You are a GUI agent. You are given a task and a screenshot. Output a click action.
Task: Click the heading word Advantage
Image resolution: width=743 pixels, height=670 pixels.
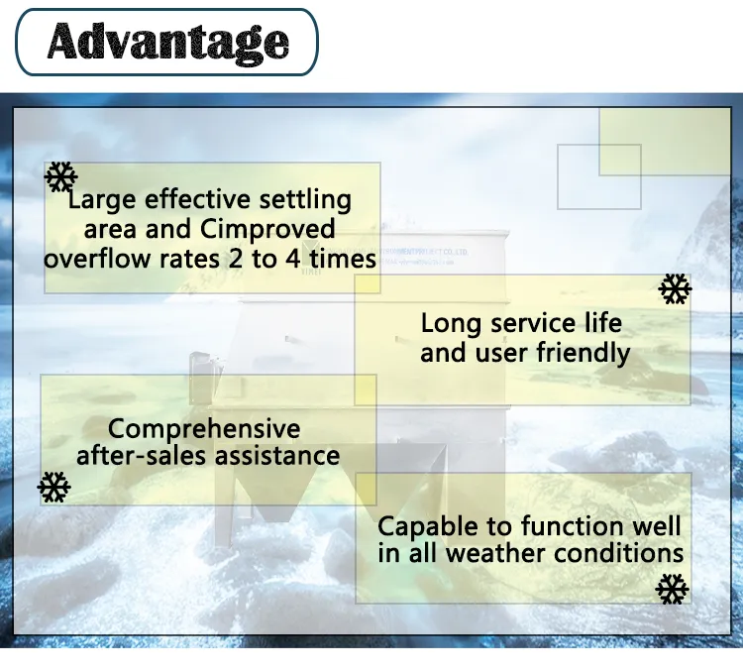(168, 41)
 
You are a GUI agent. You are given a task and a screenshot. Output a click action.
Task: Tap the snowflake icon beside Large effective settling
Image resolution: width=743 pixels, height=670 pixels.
(61, 178)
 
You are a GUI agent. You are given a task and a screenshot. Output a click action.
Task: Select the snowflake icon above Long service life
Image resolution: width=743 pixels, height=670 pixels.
(675, 289)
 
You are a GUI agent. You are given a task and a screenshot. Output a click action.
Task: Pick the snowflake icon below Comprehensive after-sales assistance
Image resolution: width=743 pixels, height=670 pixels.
(53, 487)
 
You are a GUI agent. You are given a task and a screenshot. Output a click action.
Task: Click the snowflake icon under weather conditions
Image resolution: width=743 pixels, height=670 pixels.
(672, 589)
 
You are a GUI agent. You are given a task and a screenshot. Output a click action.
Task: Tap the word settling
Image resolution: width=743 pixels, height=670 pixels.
(304, 200)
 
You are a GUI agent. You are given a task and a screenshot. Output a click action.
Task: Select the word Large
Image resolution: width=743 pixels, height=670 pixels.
(102, 200)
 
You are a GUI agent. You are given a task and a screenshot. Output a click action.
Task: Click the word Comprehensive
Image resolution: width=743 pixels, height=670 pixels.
(204, 429)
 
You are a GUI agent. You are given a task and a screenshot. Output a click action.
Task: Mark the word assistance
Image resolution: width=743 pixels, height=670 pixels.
(286, 456)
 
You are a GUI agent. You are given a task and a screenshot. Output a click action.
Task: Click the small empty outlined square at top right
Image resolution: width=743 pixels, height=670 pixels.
(598, 176)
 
